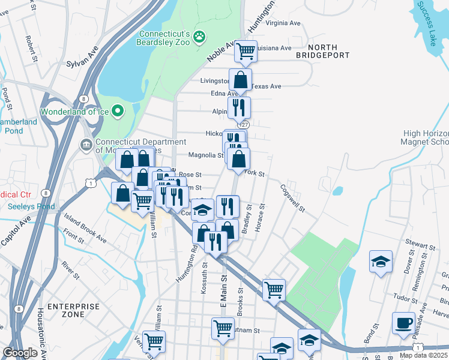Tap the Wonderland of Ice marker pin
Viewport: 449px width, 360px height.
point(118,111)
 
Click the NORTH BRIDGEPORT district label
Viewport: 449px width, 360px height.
point(323,51)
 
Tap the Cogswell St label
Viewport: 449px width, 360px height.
point(293,198)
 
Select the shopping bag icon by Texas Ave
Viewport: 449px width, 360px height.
point(240,80)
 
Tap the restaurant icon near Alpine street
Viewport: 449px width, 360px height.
point(239,107)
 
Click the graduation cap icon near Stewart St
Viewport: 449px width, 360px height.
point(381,261)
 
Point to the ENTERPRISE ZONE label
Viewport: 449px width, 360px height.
point(74,310)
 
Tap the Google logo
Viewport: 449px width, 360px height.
point(19,353)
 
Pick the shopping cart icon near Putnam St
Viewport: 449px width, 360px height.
point(223,328)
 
